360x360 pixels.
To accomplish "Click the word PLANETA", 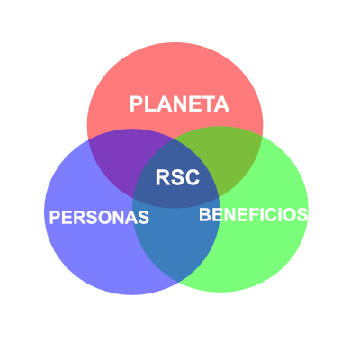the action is tap(179, 104).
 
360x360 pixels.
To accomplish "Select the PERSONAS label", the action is tap(99, 217).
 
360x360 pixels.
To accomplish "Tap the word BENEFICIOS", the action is tap(254, 215).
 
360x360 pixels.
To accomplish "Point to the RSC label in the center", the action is tap(177, 177).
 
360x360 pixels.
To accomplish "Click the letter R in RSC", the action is tap(163, 177).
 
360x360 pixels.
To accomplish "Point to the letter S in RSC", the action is tap(177, 177).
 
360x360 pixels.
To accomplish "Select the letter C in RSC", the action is tap(193, 177).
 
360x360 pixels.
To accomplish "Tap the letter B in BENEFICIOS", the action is tap(205, 215).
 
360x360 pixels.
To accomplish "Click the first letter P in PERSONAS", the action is tap(55, 217).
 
